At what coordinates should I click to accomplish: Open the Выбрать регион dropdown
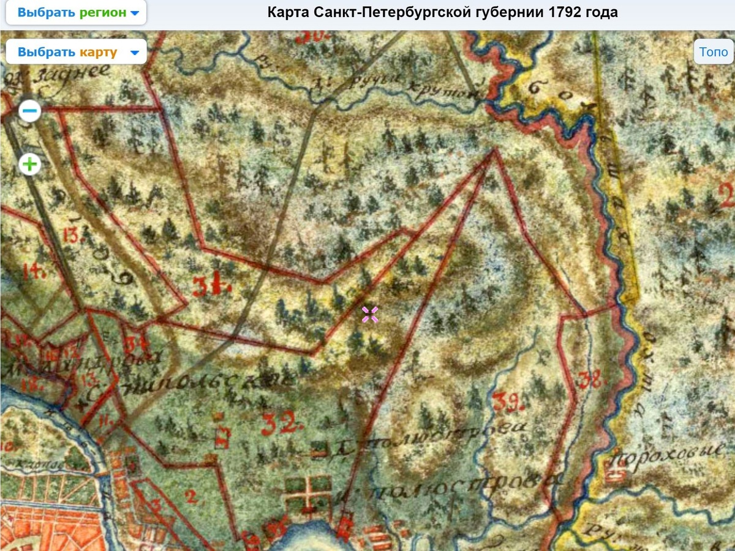coord(77,13)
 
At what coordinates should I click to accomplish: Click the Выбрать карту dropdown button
coord(77,52)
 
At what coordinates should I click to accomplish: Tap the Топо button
coord(714,52)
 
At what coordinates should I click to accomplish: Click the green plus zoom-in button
coord(30,164)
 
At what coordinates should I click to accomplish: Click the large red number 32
coord(280,422)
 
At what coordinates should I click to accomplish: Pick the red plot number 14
coord(33,270)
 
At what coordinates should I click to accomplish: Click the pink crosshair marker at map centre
coord(369,315)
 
